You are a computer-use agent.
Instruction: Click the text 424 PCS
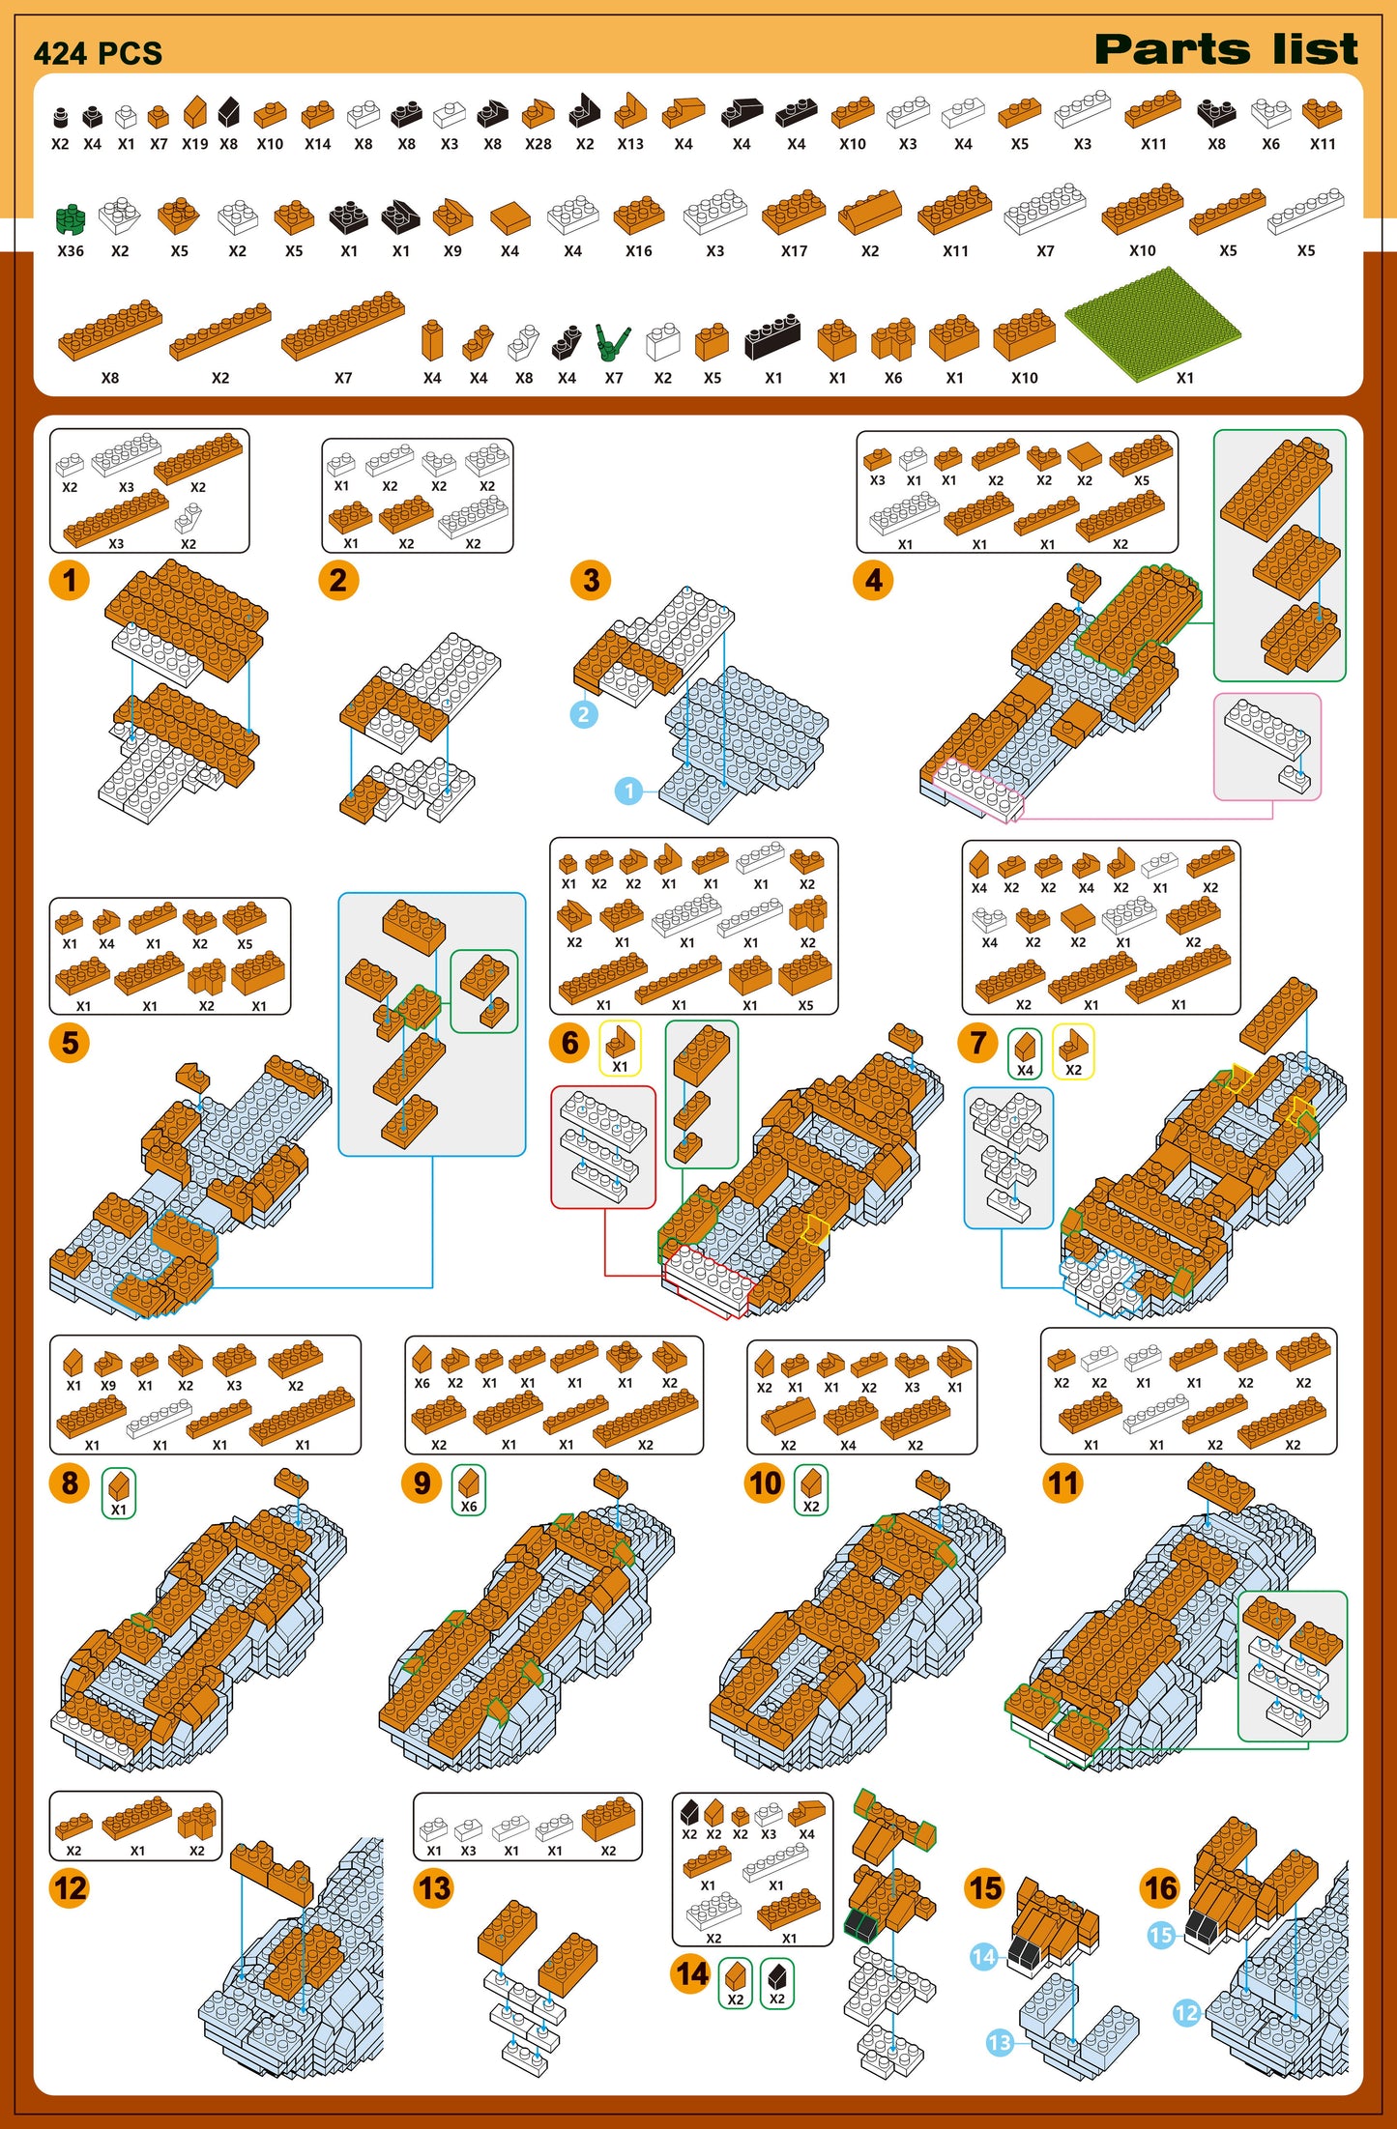pos(98,53)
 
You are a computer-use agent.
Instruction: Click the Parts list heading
pos(1226,49)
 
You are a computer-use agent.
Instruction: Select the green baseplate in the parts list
pos(1152,324)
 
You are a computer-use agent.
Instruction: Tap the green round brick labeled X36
pos(71,219)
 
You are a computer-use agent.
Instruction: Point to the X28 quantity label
pos(538,144)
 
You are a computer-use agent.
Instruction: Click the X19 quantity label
pos(195,144)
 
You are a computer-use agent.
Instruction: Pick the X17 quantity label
pos(794,251)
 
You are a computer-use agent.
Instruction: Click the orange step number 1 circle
pos(70,580)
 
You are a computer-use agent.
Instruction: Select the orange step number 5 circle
pos(70,1043)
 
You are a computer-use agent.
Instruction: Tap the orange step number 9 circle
pos(422,1482)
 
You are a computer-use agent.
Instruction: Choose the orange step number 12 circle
pos(70,1887)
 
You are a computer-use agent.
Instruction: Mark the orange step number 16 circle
pos(1160,1887)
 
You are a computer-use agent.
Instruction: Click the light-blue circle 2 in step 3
pos(583,714)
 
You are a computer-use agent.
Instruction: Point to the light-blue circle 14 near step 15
pos(983,1957)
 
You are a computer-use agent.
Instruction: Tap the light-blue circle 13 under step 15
pos(1000,2042)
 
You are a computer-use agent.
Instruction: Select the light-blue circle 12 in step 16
pos(1186,2013)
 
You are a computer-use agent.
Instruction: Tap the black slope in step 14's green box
pos(777,1974)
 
